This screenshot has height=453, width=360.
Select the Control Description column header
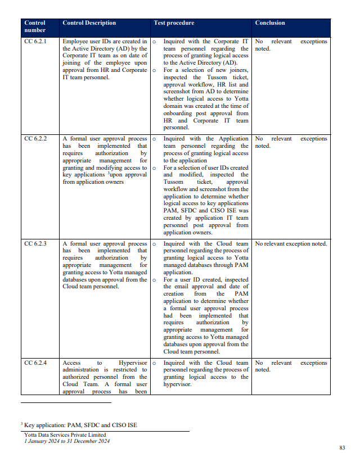89,23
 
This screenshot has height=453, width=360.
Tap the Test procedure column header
174,23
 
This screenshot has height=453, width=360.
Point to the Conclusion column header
270,23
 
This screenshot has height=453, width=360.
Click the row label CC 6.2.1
35,42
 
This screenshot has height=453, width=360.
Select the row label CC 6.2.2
35,139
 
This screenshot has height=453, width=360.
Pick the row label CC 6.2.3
35,244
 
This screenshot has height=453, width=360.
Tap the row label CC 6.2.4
35,363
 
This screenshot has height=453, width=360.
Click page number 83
342,447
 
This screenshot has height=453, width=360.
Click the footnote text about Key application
80,425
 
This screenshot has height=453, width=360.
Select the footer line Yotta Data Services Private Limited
65,435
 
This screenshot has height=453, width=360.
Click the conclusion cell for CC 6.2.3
291,244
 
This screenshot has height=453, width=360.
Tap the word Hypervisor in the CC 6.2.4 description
133,363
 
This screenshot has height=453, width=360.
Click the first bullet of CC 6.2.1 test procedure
154,42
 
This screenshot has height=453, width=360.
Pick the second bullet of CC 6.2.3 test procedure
154,279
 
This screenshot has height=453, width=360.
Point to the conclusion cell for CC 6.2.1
291,45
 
